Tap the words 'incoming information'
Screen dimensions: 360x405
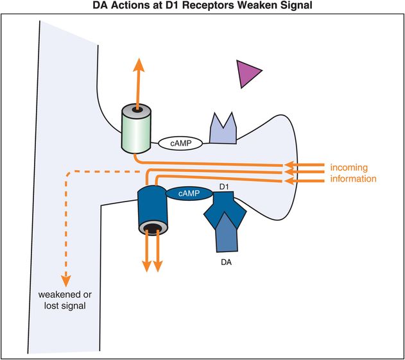point(353,173)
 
